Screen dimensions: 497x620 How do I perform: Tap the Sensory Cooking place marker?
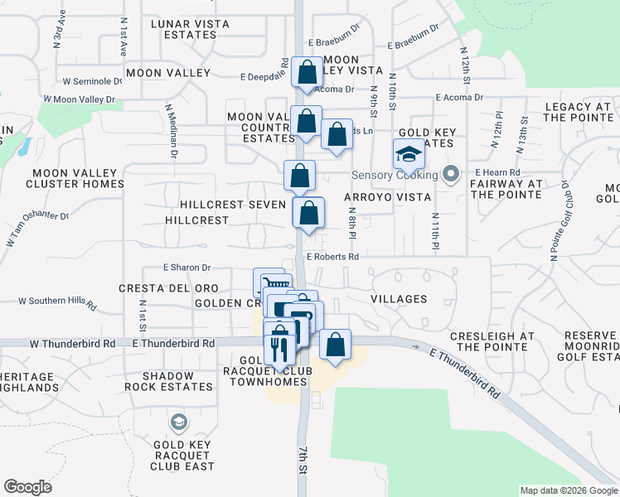[450, 175]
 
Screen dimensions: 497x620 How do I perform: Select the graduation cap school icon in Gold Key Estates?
[408, 155]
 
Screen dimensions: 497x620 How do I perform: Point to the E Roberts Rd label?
[332, 257]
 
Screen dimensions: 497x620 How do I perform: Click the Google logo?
[27, 486]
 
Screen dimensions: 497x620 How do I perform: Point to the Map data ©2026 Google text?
[568, 490]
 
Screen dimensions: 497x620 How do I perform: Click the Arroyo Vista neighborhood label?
[390, 197]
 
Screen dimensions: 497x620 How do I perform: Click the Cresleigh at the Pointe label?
[492, 341]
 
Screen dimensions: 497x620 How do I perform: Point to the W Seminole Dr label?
[86, 81]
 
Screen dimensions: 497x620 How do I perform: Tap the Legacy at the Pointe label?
[579, 112]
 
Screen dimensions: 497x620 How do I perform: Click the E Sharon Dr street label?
[187, 268]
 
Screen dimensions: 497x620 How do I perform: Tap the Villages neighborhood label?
[399, 299]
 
